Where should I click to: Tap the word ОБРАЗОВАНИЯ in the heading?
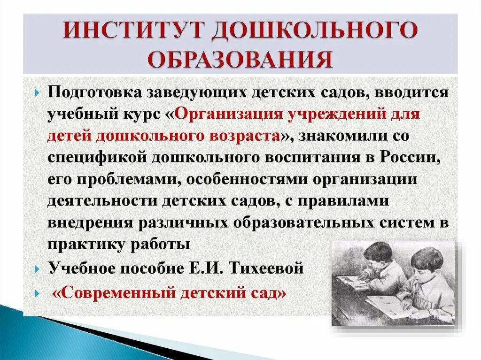click(x=240, y=60)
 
